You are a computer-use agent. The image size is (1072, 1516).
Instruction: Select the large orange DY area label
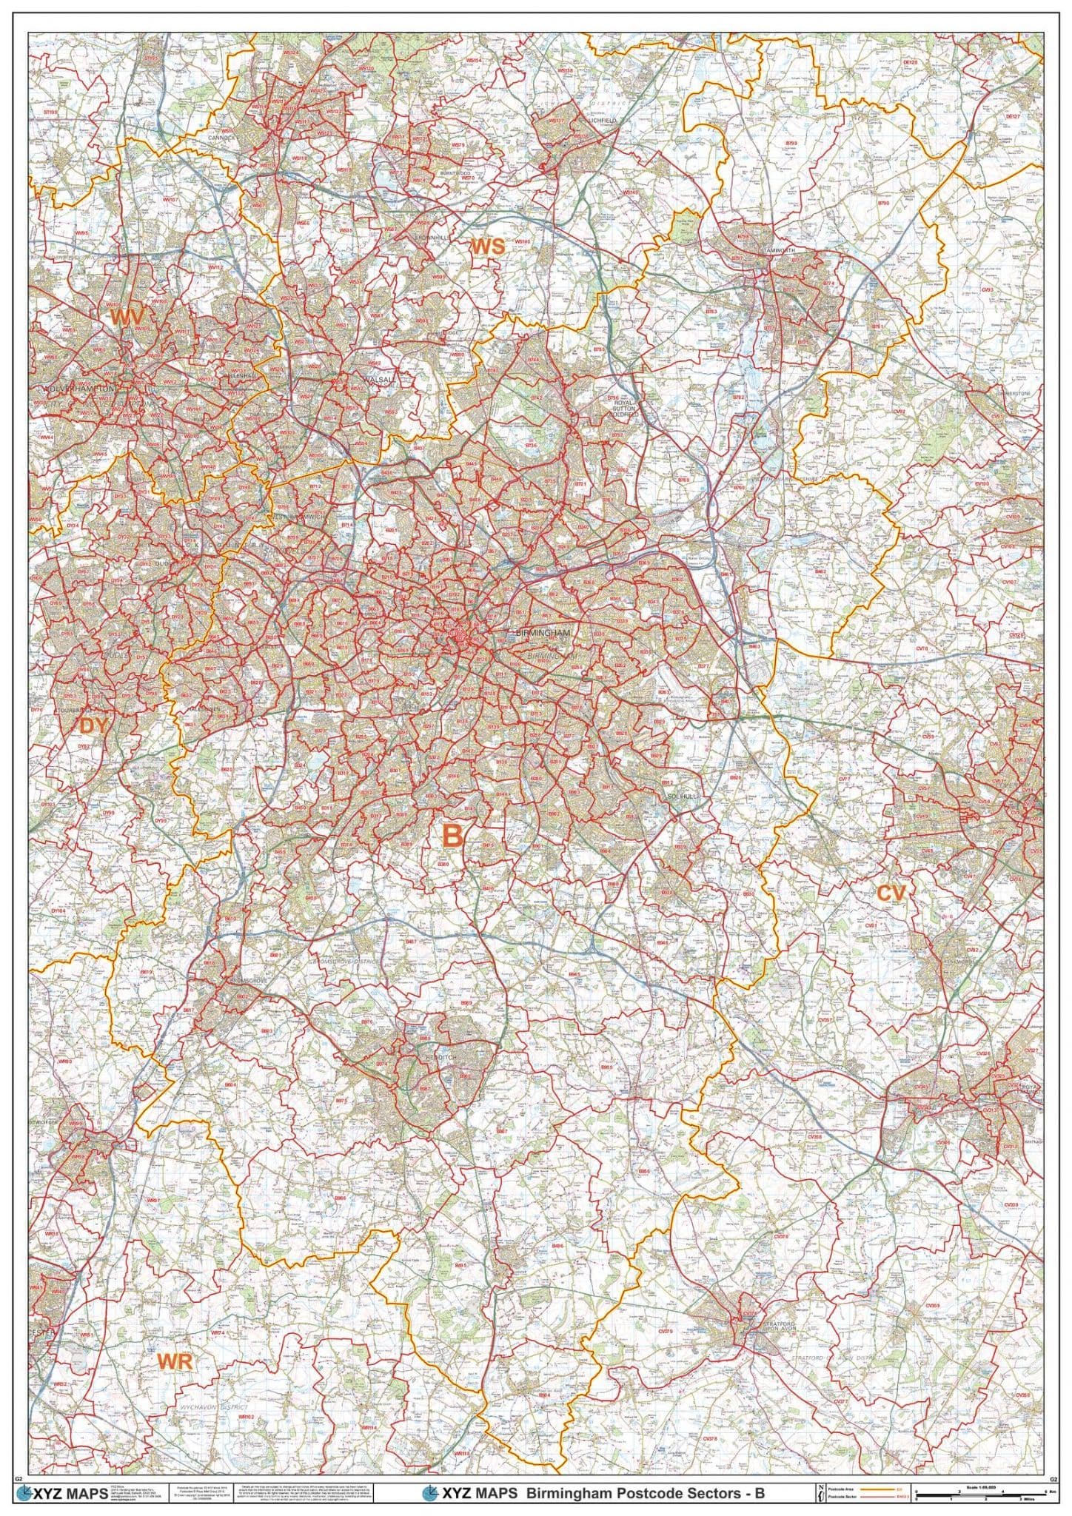point(94,726)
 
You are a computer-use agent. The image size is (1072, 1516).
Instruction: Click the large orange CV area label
point(891,893)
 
